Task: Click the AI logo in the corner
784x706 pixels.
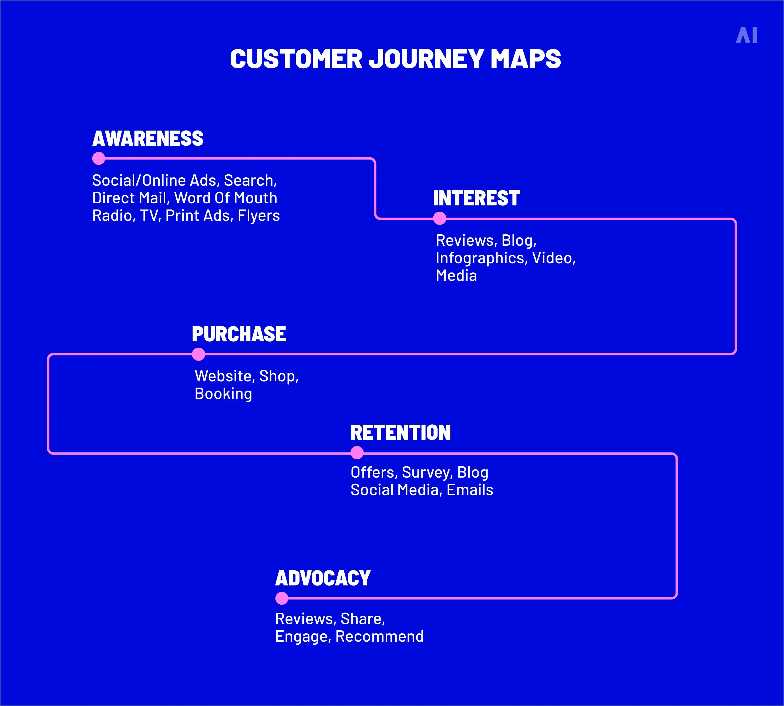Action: point(746,35)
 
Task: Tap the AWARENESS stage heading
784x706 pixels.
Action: point(148,138)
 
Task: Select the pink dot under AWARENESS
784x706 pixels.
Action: point(99,158)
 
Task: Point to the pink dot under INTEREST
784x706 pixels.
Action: point(439,218)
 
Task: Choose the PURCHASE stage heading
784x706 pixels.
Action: point(239,334)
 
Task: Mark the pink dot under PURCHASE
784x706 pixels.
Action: point(198,354)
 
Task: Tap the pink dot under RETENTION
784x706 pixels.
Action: point(357,453)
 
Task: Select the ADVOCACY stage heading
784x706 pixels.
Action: point(323,578)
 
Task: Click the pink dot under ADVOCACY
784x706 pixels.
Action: point(282,598)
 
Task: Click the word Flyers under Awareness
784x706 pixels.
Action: point(258,216)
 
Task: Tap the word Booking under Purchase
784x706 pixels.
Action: point(223,394)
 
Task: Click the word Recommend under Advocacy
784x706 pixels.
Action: point(379,637)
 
